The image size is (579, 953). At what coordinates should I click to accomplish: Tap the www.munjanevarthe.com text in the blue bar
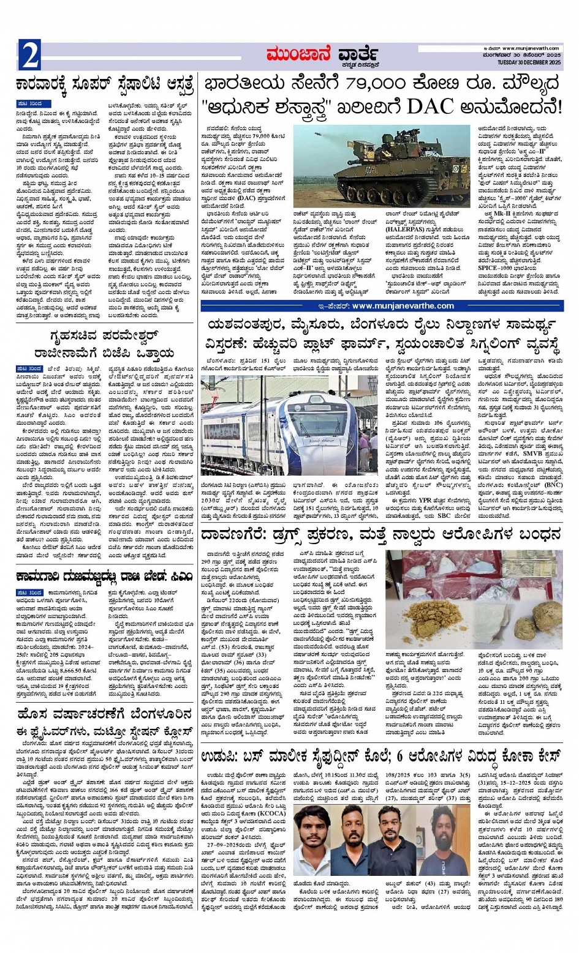point(403,305)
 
